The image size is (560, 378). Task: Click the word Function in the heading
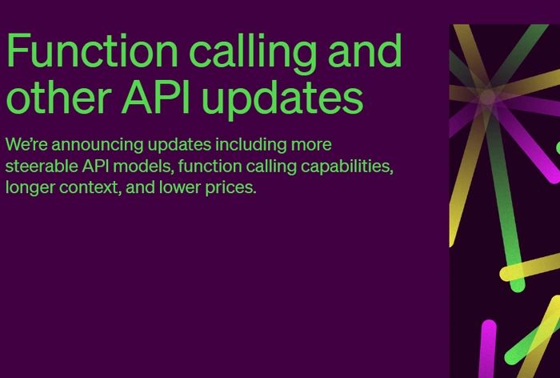pos(91,51)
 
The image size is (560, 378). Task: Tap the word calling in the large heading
pos(245,51)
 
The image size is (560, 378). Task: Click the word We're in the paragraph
pos(26,145)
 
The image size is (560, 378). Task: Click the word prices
pos(233,189)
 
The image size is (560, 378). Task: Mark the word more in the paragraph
pos(310,146)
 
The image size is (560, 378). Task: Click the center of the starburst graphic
pos(487,98)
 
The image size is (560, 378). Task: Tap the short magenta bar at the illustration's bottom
pos(487,349)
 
